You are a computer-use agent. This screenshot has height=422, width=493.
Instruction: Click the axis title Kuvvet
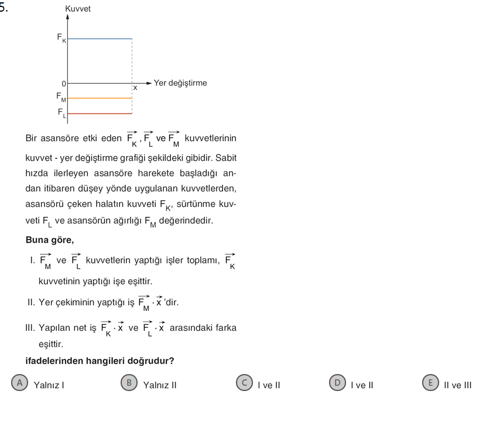pyautogui.click(x=78, y=9)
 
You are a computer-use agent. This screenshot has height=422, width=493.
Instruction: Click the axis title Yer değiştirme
pyautogui.click(x=180, y=83)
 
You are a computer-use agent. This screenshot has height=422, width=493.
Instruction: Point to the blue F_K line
pyautogui.click(x=100, y=39)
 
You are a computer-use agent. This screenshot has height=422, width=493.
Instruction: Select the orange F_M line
pyautogui.click(x=100, y=98)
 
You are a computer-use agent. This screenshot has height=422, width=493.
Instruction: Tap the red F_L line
pyautogui.click(x=100, y=113)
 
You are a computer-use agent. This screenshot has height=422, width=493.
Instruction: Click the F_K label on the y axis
pyautogui.click(x=61, y=37)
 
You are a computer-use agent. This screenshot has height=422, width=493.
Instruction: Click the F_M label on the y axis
pyautogui.click(x=61, y=96)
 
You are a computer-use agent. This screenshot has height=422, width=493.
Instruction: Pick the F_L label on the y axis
pyautogui.click(x=61, y=112)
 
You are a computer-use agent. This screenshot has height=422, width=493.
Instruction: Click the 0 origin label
pyautogui.click(x=64, y=84)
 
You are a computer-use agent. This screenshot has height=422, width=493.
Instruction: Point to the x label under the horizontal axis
pyautogui.click(x=135, y=88)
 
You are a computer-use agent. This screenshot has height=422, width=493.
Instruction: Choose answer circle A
pyautogui.click(x=20, y=383)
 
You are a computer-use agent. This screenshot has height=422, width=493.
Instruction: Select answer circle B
pyautogui.click(x=129, y=383)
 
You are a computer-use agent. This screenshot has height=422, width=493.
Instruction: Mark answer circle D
pyautogui.click(x=337, y=383)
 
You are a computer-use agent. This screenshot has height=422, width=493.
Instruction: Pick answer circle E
pyautogui.click(x=430, y=383)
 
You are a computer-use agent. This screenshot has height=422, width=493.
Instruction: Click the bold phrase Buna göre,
pyautogui.click(x=50, y=240)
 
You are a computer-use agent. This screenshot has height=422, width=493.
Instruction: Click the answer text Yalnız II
pyautogui.click(x=160, y=385)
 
